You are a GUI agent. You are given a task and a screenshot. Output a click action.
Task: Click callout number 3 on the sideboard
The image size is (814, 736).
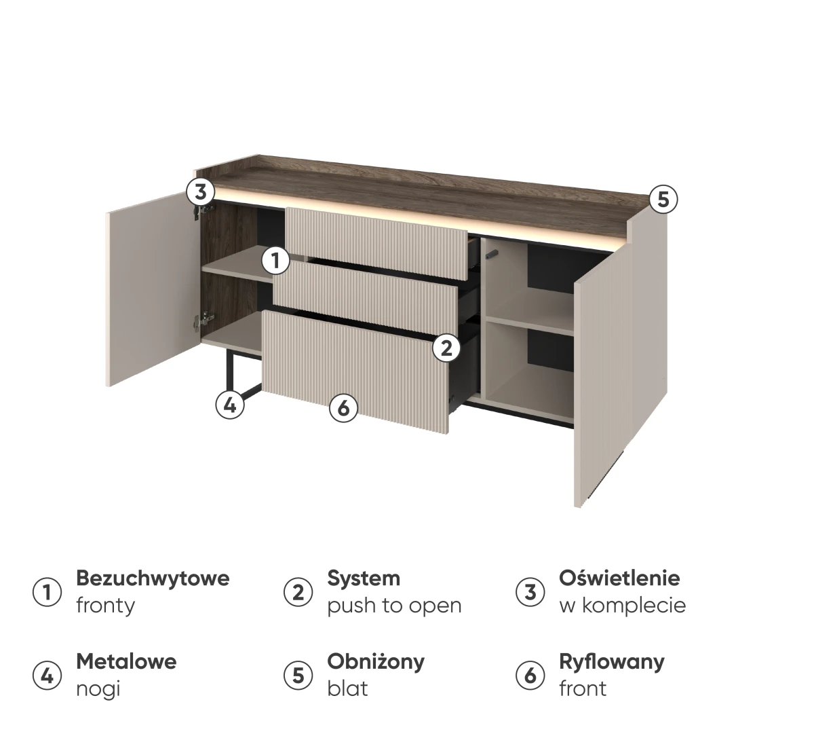[201, 192]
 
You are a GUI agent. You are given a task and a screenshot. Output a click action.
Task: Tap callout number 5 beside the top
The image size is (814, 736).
[663, 200]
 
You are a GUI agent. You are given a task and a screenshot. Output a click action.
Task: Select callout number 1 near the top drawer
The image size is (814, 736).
[275, 260]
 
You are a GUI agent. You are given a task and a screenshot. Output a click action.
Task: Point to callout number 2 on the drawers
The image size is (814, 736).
[446, 348]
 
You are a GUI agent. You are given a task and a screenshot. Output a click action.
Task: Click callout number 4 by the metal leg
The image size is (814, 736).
[230, 405]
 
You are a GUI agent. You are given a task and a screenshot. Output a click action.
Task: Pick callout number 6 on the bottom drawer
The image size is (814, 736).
[343, 407]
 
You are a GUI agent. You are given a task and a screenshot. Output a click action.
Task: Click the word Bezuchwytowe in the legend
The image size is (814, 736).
[153, 579]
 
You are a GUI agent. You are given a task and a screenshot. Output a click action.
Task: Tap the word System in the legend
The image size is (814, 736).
[364, 579]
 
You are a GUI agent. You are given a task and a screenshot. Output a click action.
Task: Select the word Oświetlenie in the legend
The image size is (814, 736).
[619, 578]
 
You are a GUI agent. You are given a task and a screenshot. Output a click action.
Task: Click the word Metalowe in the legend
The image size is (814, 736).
[127, 662]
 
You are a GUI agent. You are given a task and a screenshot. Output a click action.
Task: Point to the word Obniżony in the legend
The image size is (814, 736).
[376, 662]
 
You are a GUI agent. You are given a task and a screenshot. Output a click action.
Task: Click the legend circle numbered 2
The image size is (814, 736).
[298, 592]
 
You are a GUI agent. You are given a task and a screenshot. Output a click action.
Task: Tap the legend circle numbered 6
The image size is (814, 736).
[530, 676]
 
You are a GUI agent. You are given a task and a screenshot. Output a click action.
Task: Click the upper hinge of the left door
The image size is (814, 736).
[203, 210]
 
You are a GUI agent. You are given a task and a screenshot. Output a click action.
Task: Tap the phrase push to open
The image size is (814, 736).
[394, 606]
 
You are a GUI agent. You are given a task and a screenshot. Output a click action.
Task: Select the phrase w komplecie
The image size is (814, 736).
[623, 606]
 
